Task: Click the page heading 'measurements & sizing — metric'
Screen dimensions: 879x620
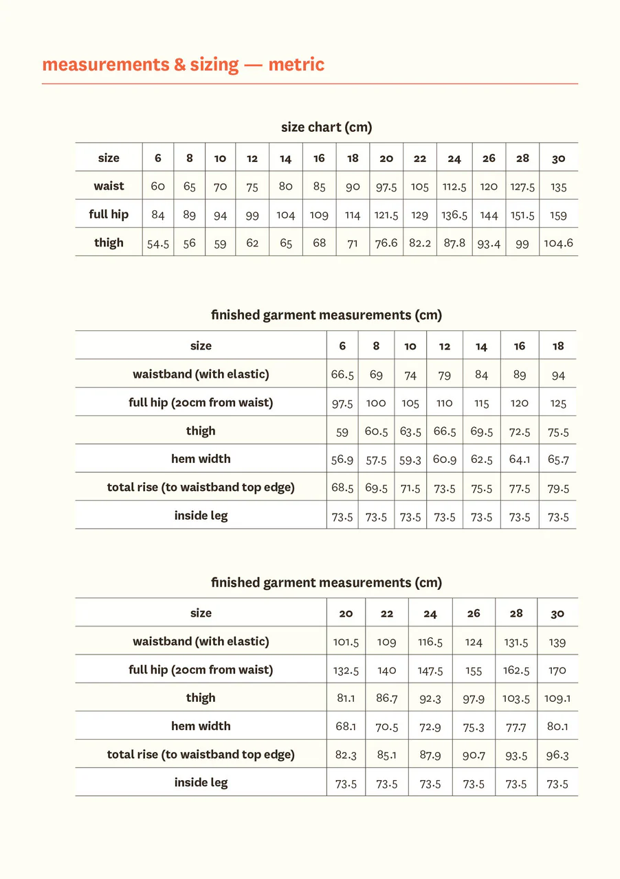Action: click(x=183, y=65)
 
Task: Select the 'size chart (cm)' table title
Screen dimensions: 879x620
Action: click(x=326, y=127)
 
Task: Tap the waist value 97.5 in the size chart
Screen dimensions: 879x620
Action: click(x=386, y=187)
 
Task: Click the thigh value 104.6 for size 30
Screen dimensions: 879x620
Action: click(x=558, y=243)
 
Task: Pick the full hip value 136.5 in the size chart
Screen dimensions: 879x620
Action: click(x=454, y=215)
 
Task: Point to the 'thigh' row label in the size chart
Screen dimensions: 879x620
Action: click(x=109, y=242)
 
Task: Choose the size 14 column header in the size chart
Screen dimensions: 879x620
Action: click(x=285, y=159)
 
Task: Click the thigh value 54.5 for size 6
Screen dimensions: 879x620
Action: click(x=158, y=243)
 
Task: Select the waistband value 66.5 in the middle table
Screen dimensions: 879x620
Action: click(x=342, y=375)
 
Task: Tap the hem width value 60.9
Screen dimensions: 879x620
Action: click(x=445, y=459)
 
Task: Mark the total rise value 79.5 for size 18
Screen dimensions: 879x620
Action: click(x=558, y=488)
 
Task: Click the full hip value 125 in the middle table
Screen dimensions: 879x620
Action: click(x=558, y=403)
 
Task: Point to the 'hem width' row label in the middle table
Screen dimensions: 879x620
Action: click(x=201, y=459)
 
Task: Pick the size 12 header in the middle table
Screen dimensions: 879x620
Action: click(x=445, y=346)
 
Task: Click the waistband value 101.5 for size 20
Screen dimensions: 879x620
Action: click(x=346, y=642)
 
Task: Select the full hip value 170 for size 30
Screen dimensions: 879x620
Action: click(x=557, y=670)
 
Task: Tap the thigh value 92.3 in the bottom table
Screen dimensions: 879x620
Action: click(x=430, y=698)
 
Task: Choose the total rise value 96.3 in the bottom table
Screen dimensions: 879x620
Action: click(x=557, y=755)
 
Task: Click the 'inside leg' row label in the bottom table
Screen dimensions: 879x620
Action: click(x=201, y=782)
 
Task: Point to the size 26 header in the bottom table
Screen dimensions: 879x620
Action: click(x=474, y=613)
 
